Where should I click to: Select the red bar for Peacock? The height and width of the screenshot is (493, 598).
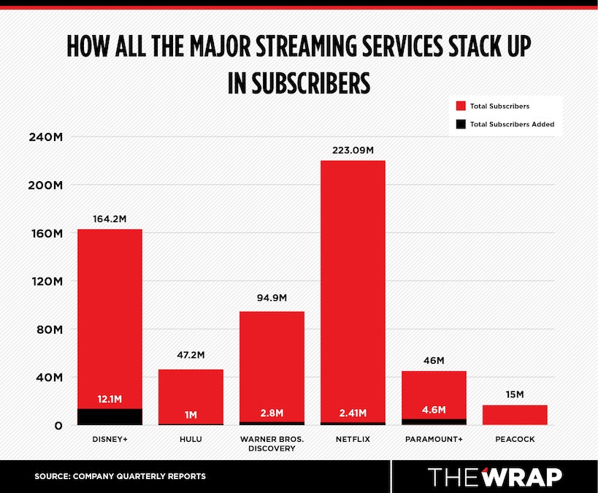[x=515, y=415]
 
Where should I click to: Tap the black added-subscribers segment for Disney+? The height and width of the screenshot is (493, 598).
[x=110, y=416]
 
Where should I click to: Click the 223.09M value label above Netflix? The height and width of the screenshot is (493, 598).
[x=353, y=150]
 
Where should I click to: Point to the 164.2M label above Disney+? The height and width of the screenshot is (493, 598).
[x=110, y=218]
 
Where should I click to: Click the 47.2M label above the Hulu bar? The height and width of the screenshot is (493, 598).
[x=191, y=356]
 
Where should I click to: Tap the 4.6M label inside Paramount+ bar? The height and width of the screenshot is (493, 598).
[x=434, y=409]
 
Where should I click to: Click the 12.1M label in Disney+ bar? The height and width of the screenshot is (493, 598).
[x=110, y=400]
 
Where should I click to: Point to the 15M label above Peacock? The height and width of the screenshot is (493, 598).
[x=515, y=394]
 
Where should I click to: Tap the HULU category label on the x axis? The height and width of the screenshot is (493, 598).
[x=191, y=439]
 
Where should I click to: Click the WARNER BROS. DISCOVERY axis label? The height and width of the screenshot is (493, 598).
[x=272, y=443]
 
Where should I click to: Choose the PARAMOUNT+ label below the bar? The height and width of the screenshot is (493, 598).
[x=434, y=439]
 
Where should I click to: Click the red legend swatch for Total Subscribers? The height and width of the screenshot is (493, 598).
[x=459, y=106]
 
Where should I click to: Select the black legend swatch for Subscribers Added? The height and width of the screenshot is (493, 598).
[x=459, y=124]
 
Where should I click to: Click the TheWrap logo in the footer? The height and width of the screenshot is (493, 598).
[x=494, y=476]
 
